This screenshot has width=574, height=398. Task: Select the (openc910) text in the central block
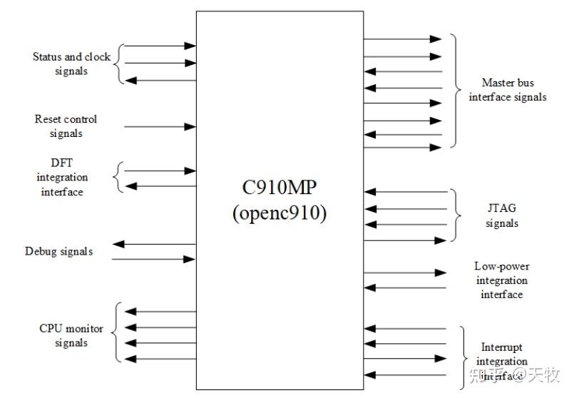pos(280,213)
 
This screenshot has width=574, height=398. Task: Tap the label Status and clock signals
pos(71,63)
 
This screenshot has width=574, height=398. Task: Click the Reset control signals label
pos(66,126)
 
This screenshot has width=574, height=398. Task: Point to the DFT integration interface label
pos(62,177)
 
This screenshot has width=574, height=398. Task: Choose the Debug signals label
pos(58,251)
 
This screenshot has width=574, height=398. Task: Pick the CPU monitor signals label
pos(71,335)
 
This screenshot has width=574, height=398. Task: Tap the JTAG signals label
pos(502,216)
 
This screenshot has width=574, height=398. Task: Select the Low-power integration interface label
pos(501,280)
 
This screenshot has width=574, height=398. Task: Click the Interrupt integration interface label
pos(501,361)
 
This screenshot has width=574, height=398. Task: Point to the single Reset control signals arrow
pos(160,127)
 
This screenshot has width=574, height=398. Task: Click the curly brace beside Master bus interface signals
pos(454,91)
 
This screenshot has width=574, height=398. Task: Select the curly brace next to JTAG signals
pos(454,215)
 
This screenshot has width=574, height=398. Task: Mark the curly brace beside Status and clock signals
pos(121,63)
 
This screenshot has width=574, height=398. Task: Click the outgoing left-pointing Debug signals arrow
pos(154,245)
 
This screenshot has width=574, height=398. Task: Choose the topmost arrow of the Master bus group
pos(402,39)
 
